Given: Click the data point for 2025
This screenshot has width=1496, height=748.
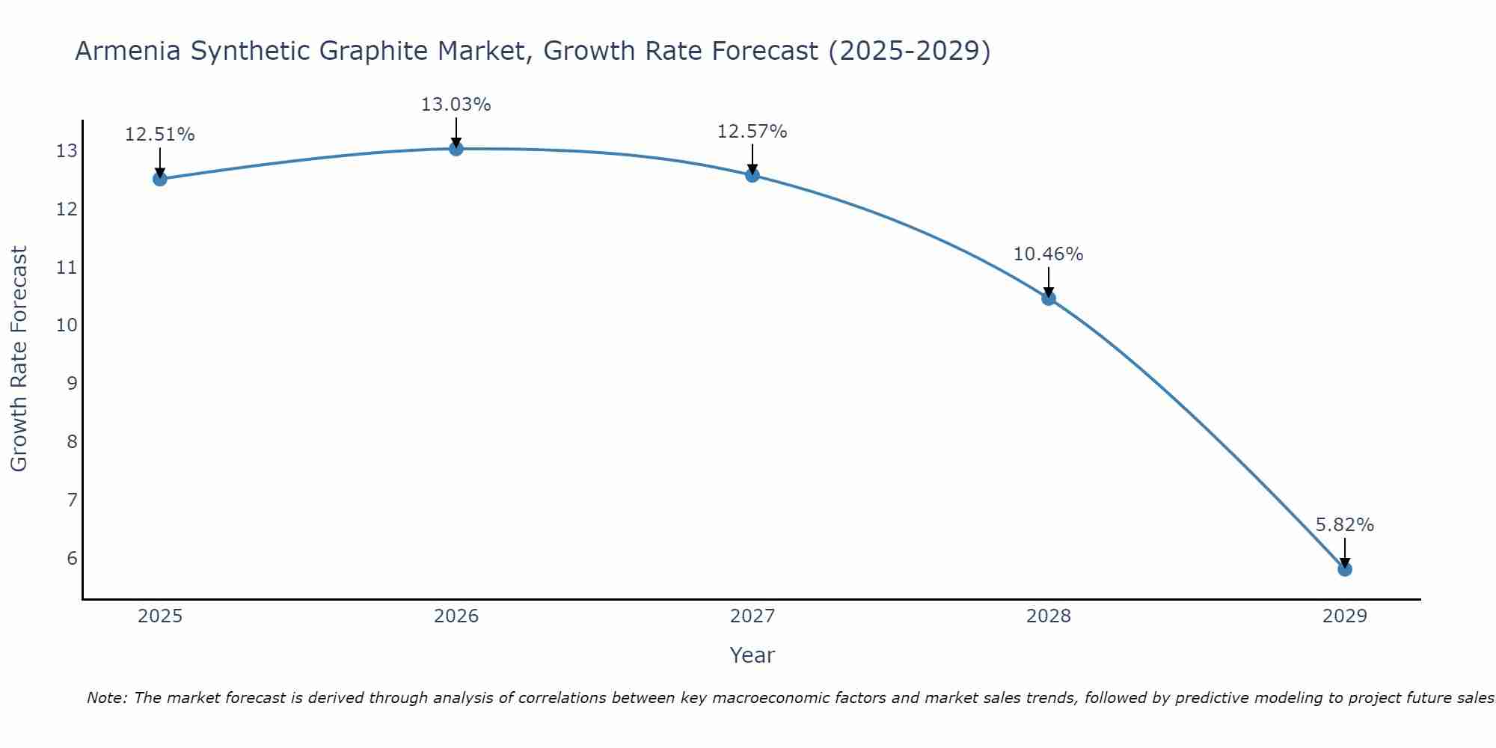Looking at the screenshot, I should (159, 179).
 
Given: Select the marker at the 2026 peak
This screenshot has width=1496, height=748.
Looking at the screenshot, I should (456, 148).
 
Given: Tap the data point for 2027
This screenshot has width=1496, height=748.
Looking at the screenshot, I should (752, 175).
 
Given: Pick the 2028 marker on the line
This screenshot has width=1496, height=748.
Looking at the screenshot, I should (1049, 298).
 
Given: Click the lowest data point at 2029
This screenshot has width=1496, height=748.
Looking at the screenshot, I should (1345, 569).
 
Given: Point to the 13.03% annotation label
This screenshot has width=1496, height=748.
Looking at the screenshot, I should (456, 105).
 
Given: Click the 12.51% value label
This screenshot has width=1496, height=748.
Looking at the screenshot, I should (159, 135).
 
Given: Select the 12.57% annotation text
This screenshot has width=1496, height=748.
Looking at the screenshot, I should (752, 132).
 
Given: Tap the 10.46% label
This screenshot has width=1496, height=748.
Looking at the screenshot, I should (1048, 254).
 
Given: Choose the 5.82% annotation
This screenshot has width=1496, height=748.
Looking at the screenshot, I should (1345, 525).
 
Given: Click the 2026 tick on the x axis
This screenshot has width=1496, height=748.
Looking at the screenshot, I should (456, 616).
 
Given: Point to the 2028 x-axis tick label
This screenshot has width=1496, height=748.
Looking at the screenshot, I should (1049, 616).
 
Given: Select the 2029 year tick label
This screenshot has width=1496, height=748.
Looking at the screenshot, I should (1345, 616).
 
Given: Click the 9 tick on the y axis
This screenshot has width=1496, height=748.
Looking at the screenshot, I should (72, 384).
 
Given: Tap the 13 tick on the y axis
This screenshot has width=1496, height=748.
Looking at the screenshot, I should (67, 151).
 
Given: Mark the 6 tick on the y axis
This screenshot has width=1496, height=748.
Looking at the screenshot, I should (72, 558).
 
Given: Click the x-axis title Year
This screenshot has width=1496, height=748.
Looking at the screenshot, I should (752, 655).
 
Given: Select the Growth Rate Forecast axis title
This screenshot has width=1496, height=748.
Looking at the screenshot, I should (19, 359).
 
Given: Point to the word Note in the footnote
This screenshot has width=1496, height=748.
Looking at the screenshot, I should (106, 698).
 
